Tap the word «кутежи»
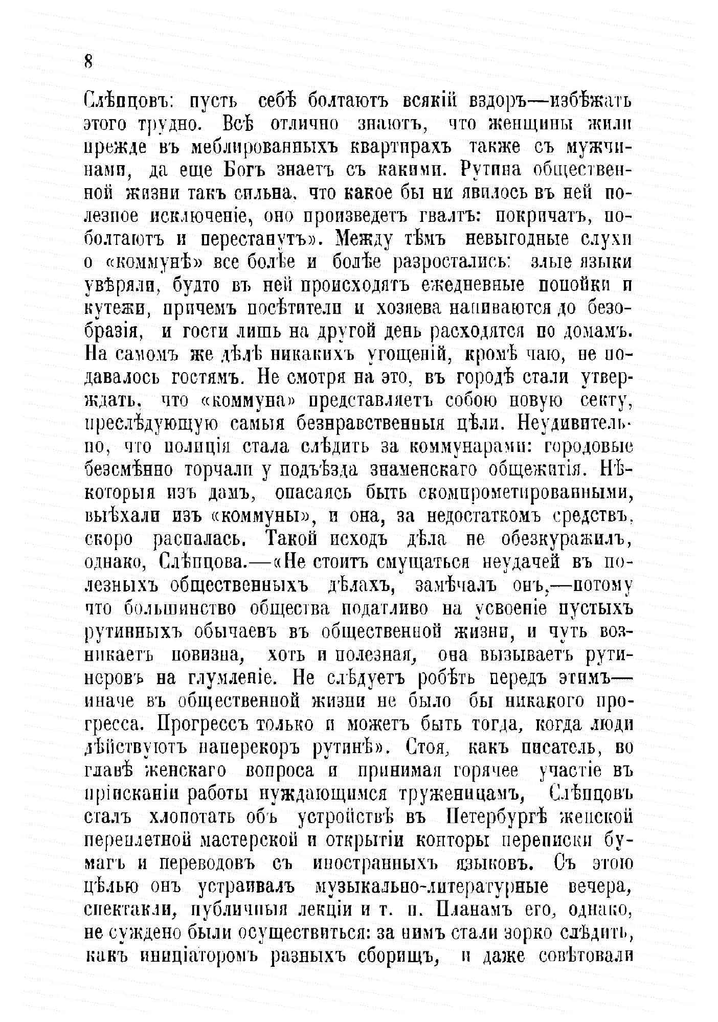tap(117, 309)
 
